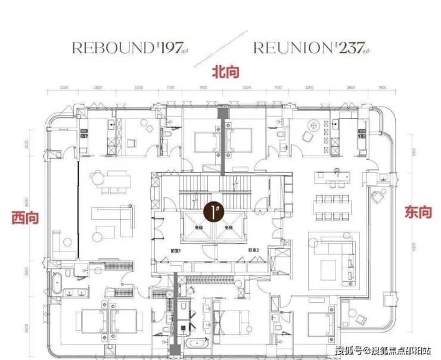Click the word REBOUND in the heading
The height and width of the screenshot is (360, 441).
[x=110, y=48]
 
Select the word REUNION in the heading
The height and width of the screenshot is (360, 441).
[x=291, y=48]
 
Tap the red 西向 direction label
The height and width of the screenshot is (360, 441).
[x=24, y=218]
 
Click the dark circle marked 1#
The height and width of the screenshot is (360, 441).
[x=211, y=210]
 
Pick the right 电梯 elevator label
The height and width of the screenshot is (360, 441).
[x=228, y=227]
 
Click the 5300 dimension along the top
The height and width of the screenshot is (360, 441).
[x=139, y=89]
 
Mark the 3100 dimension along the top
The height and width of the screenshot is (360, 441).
[x=203, y=89]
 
